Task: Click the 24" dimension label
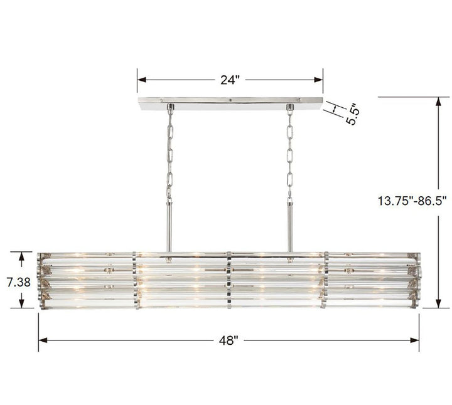230,80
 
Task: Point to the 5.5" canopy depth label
352,113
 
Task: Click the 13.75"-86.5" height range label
412,201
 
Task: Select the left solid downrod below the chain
169,226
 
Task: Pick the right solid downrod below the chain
290,226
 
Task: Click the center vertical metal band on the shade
230,281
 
